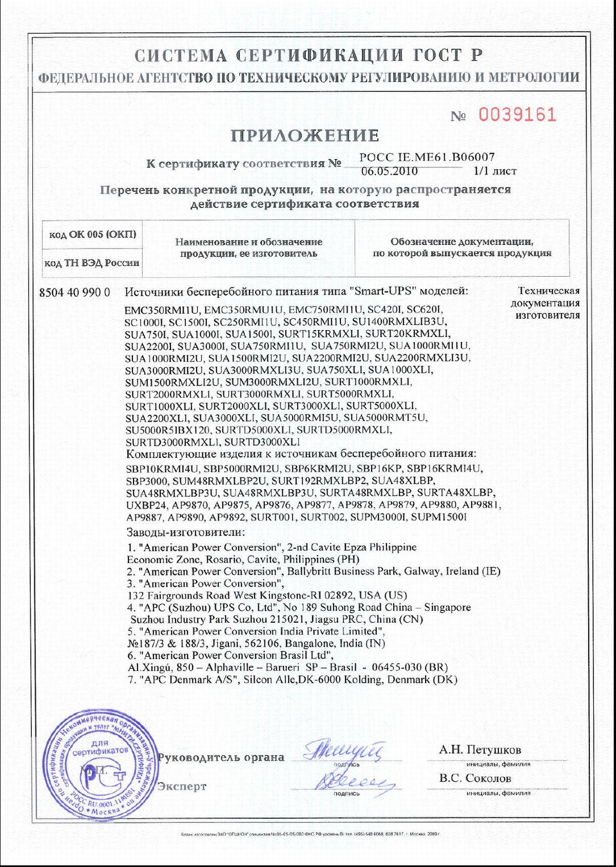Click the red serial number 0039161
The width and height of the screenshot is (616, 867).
coord(517,114)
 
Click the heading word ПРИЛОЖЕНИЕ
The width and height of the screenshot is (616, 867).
coord(305,136)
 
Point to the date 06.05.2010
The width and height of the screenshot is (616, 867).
coord(390,171)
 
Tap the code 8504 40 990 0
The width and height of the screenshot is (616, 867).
coord(74,292)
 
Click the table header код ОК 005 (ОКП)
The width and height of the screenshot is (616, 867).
coord(92,235)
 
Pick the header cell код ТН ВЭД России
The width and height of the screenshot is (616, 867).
coord(92,263)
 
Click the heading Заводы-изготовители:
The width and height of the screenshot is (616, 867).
coord(185,531)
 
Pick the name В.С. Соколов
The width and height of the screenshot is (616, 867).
coord(475,778)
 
